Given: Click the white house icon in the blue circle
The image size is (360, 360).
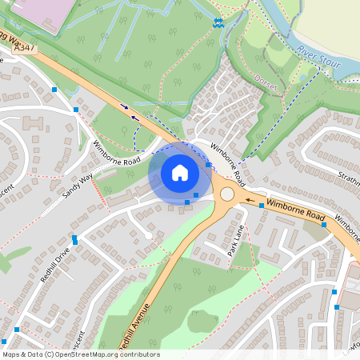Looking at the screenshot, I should [x=179, y=173].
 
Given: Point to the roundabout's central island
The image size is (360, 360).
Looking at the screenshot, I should [x=227, y=194].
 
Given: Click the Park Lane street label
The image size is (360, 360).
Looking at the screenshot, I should [x=235, y=239].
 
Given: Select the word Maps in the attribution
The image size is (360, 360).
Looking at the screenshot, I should [x=11, y=354].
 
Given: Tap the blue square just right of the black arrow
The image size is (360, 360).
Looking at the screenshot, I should [x=261, y=206].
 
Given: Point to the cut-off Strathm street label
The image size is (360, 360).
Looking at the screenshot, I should [x=349, y=178].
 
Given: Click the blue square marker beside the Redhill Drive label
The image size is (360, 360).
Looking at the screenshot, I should [x=75, y=239].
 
